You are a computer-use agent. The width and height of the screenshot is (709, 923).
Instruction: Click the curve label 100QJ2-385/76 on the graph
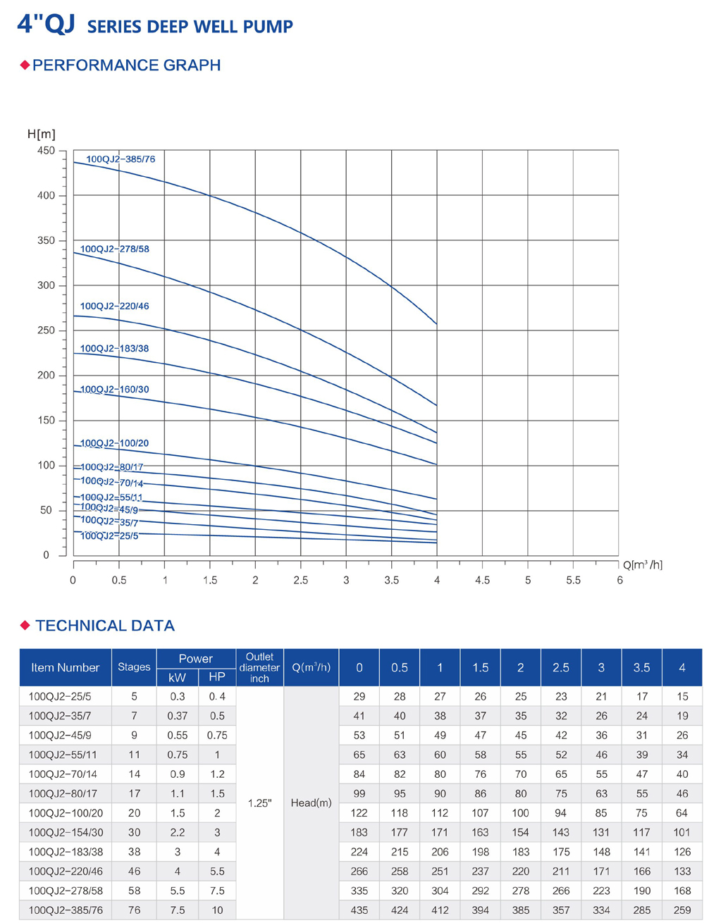(121, 159)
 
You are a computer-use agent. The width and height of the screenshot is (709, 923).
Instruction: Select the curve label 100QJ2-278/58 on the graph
(115, 249)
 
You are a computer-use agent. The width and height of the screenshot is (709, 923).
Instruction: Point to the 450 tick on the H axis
(46, 151)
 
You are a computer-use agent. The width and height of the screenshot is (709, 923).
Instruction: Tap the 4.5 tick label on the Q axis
(482, 580)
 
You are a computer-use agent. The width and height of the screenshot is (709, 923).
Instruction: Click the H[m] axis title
(42, 134)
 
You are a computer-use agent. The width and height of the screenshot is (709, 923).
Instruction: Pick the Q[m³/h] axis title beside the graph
(642, 564)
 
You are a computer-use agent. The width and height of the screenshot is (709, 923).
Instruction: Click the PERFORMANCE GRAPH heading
(126, 66)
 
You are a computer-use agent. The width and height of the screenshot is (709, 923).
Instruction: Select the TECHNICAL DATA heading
(105, 626)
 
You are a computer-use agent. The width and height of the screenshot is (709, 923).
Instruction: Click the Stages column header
(134, 667)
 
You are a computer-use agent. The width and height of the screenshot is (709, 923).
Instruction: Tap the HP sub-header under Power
(217, 676)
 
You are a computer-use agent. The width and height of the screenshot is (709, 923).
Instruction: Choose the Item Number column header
(65, 667)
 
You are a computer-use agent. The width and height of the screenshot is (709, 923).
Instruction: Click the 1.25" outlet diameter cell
(259, 803)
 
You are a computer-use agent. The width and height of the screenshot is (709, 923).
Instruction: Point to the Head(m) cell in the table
(311, 803)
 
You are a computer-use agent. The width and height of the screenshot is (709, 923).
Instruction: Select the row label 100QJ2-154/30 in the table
(66, 832)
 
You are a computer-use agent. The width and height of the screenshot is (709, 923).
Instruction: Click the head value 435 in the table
(359, 910)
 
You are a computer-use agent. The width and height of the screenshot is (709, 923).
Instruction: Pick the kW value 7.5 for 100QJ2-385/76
(178, 910)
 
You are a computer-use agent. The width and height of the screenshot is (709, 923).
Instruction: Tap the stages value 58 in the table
(134, 891)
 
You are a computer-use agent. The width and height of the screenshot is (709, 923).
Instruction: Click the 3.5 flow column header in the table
(641, 667)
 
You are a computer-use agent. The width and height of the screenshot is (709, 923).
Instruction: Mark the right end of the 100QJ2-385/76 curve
(437, 323)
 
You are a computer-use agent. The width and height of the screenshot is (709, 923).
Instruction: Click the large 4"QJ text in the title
(46, 25)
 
